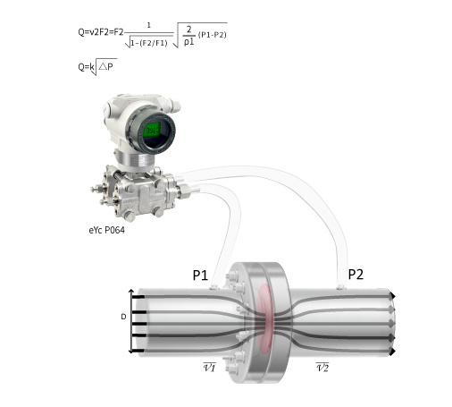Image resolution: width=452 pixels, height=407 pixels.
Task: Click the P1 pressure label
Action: [200, 275]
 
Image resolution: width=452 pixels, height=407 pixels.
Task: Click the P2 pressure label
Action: [356, 274]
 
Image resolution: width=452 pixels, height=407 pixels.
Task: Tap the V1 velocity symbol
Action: [209, 367]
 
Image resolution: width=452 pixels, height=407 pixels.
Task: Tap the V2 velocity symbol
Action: [322, 367]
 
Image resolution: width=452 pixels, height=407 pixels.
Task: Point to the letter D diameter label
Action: [123, 317]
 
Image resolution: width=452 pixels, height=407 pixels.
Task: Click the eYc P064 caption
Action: [106, 230]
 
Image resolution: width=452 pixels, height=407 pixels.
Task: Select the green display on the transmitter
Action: [153, 131]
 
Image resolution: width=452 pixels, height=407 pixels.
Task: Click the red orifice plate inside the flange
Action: [264, 319]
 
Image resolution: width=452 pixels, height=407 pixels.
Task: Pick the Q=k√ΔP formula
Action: [97, 67]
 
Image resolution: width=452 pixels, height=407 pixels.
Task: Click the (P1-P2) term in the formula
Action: [212, 35]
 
